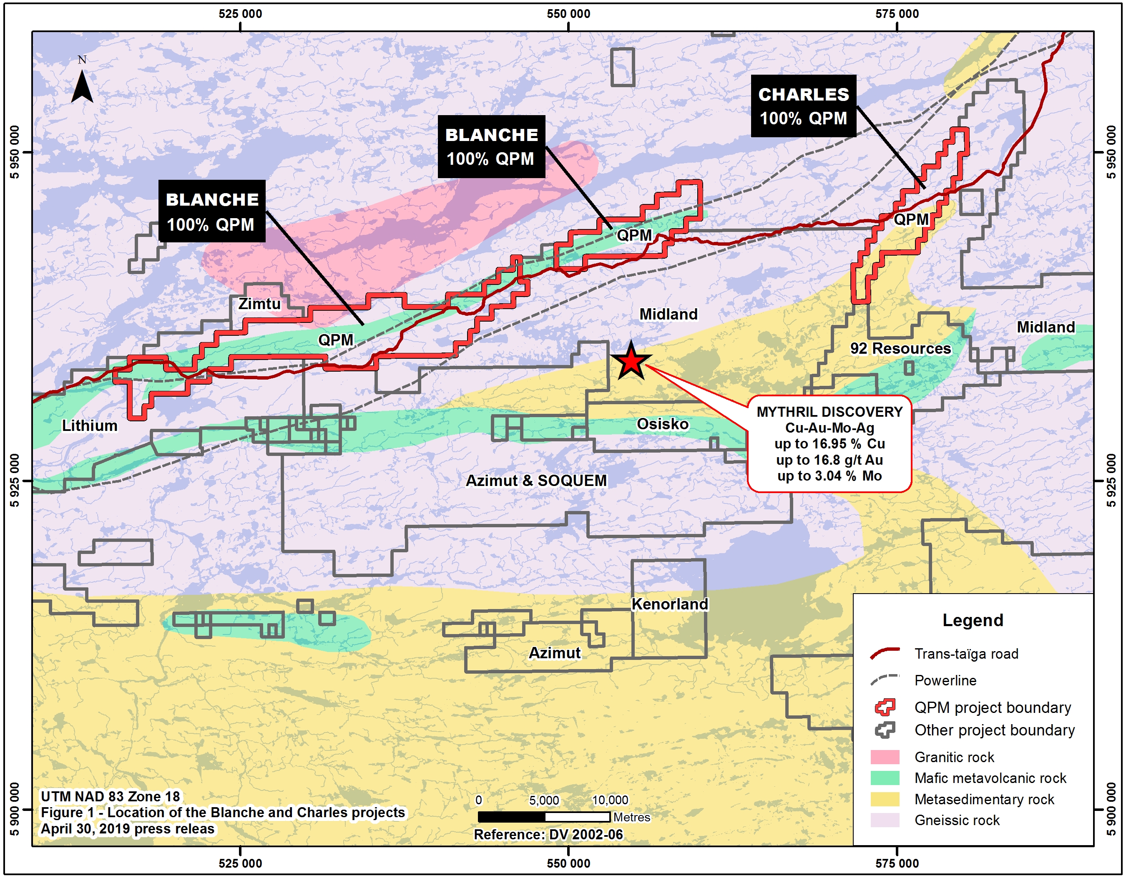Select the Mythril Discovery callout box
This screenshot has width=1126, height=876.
tap(829, 443)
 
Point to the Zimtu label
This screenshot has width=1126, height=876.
tap(259, 304)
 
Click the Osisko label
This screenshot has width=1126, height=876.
tap(663, 424)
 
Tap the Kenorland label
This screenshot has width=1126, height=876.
tap(670, 604)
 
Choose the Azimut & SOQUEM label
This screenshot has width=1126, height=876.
tap(536, 481)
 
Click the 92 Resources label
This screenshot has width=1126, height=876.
tap(900, 349)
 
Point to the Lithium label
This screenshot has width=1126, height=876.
tap(90, 426)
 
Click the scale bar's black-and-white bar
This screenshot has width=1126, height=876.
tap(544, 817)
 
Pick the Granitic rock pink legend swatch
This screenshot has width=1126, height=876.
tap(885, 757)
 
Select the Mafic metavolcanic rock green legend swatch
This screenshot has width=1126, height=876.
tap(885, 778)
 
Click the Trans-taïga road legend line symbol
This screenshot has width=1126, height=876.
tap(885, 653)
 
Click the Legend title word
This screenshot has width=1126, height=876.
tap(973, 620)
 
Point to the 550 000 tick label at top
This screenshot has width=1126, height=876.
tap(568, 14)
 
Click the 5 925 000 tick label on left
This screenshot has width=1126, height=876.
tap(15, 481)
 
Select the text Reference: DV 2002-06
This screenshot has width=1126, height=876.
tap(548, 834)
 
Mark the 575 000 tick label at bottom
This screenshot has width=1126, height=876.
tap(897, 863)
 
